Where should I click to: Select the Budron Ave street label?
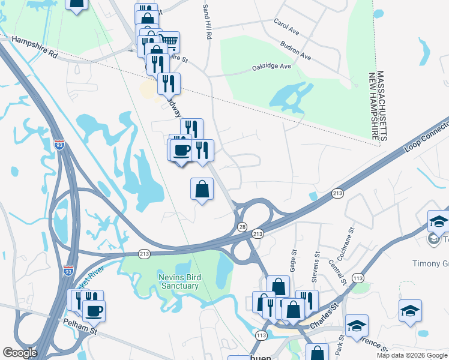295,50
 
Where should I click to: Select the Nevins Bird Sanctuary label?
170,281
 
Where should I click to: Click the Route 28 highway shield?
243,226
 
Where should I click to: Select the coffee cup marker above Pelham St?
93,311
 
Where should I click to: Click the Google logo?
20,353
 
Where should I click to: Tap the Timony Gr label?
429,263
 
